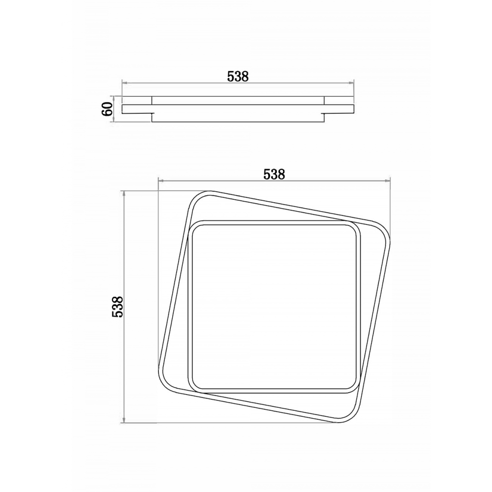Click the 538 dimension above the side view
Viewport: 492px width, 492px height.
pyautogui.click(x=238, y=76)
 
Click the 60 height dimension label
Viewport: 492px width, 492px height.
pyautogui.click(x=108, y=109)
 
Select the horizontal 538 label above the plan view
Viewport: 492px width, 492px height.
pyautogui.click(x=274, y=174)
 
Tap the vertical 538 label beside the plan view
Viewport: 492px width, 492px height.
pyautogui.click(x=118, y=307)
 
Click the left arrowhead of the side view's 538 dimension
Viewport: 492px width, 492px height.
pyautogui.click(x=124, y=83)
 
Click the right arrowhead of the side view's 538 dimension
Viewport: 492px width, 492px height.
pyautogui.click(x=351, y=83)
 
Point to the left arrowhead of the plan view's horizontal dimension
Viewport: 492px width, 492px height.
pyautogui.click(x=160, y=181)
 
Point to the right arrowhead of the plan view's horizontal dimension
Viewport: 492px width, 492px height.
pyautogui.click(x=387, y=181)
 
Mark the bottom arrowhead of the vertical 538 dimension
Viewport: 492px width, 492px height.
pyautogui.click(x=125, y=420)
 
